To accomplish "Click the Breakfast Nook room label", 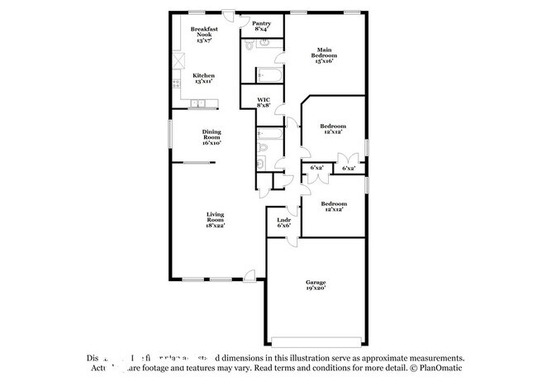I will click(x=202, y=35).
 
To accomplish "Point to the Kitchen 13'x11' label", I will click(x=203, y=79).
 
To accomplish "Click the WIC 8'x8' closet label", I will click(x=264, y=103).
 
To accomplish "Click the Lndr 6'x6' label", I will click(x=283, y=222).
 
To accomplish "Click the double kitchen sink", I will click(x=199, y=103).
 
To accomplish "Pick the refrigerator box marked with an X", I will click(x=178, y=60).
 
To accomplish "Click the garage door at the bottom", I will click(x=317, y=340).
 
